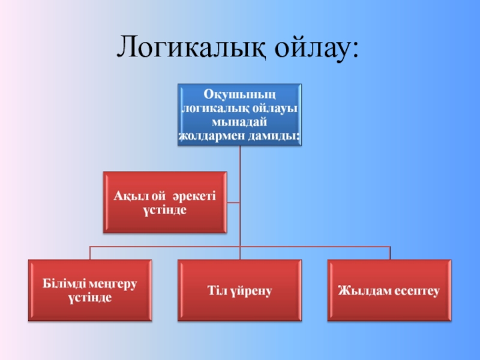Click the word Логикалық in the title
point(190,47)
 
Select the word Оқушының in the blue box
point(239,95)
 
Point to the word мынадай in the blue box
point(239,122)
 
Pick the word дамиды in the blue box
point(272,136)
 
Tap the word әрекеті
point(196,197)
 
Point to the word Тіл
point(217,290)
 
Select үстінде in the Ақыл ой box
point(165,211)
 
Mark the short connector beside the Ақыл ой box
point(233,202)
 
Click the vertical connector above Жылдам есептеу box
point(390,253)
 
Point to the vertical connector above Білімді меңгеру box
point(90,253)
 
